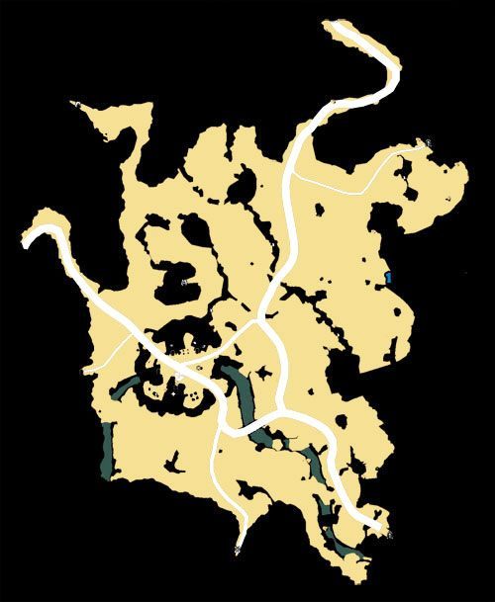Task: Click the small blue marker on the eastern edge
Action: pos(389,277)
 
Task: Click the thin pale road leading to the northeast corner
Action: pos(366,179)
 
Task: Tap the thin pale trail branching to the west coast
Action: pos(111,352)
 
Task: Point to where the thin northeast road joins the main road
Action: pos(294,175)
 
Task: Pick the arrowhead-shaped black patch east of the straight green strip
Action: pos(175,460)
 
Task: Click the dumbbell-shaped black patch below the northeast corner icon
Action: pos(405,177)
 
